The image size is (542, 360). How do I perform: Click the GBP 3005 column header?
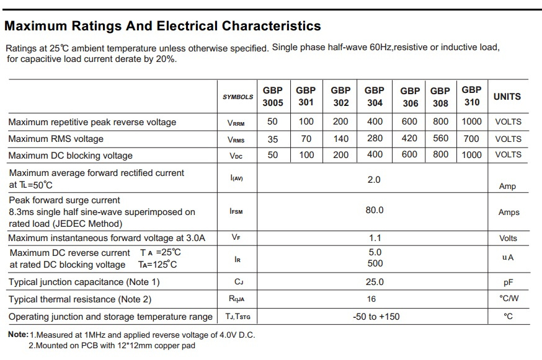pyautogui.click(x=273, y=97)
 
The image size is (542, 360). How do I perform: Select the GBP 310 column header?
pyautogui.click(x=472, y=96)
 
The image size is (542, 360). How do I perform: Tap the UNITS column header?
pyautogui.click(x=507, y=97)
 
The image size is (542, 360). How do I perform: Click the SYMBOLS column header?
pyautogui.click(x=238, y=97)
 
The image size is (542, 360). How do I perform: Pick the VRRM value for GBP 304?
pyautogui.click(x=375, y=121)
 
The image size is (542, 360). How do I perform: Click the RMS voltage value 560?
pyautogui.click(x=440, y=139)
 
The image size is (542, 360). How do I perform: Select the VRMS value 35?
pyautogui.click(x=273, y=139)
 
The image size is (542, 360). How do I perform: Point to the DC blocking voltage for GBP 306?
pyautogui.click(x=409, y=154)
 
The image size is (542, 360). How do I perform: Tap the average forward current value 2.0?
pyautogui.click(x=374, y=180)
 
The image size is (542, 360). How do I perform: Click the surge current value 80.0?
pyautogui.click(x=375, y=210)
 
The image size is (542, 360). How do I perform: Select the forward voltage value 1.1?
pyautogui.click(x=375, y=238)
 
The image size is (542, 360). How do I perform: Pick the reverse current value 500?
pyautogui.click(x=375, y=263)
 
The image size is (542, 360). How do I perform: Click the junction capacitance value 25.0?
pyautogui.click(x=375, y=282)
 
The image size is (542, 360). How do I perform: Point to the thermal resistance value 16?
pyautogui.click(x=371, y=299)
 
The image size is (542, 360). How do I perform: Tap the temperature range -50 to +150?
pyautogui.click(x=376, y=317)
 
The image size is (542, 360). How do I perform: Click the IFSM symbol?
pyautogui.click(x=236, y=211)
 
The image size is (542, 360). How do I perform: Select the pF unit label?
pyautogui.click(x=508, y=283)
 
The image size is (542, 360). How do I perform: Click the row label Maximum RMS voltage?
pyautogui.click(x=56, y=139)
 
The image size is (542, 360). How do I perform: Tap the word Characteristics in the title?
pyautogui.click(x=272, y=26)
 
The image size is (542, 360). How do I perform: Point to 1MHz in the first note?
pyautogui.click(x=94, y=335)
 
